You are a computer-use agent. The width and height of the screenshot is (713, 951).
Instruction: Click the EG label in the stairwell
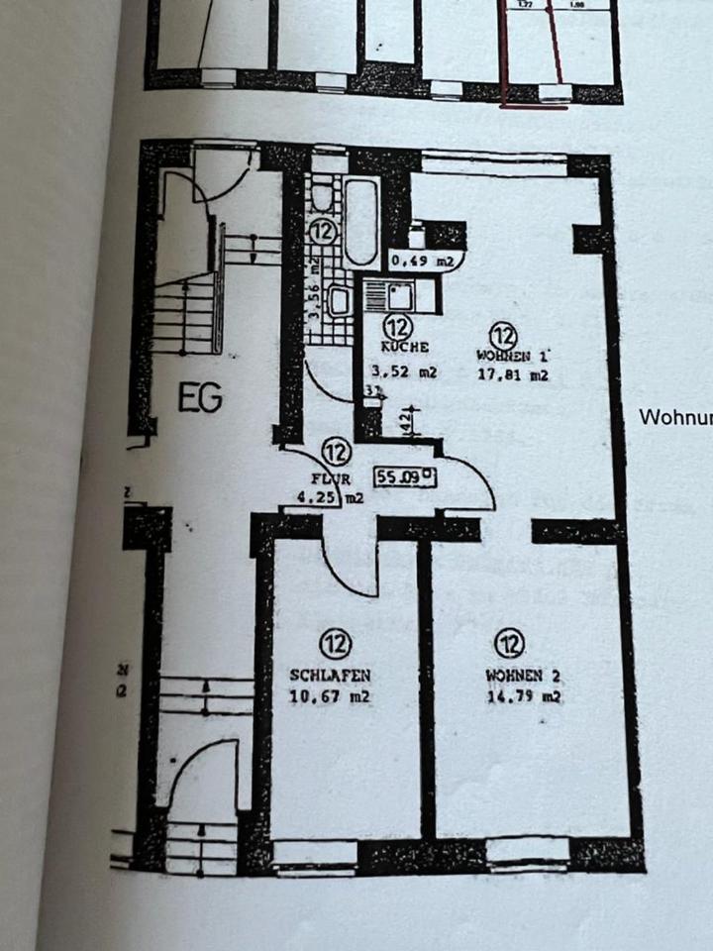coord(201,398)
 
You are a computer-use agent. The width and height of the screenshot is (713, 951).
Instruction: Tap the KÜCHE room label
coord(404,348)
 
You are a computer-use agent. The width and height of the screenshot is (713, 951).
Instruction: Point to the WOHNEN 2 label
coord(524,676)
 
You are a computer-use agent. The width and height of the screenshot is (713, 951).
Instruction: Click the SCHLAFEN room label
coord(331,676)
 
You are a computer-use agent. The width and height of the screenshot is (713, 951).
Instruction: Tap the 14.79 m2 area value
coord(524,696)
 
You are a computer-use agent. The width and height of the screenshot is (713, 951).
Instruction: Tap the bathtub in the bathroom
coord(361,222)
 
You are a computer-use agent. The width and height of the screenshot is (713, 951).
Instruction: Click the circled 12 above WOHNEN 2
coord(510,645)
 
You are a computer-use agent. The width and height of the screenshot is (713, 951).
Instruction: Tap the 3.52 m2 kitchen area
coord(404,373)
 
